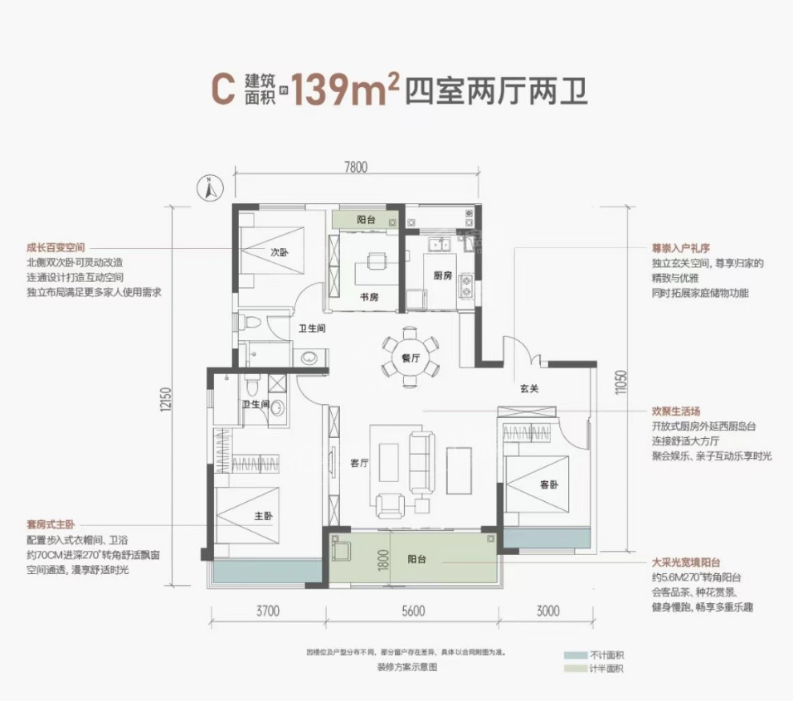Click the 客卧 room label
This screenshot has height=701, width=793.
click(548, 484)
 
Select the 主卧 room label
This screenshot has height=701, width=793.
click(263, 515)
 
